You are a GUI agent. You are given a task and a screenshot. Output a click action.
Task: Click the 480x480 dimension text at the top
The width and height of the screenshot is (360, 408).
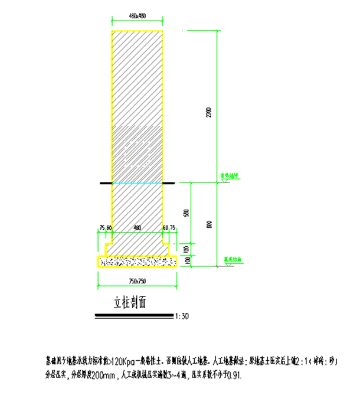coord(138,16)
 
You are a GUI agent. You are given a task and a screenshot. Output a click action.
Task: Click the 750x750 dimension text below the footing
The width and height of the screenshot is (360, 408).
coord(138,279)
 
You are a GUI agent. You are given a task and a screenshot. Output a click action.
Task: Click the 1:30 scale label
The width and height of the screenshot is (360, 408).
coord(183,316)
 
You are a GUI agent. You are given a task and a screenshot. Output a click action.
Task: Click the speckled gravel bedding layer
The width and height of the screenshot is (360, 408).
coord(138,261)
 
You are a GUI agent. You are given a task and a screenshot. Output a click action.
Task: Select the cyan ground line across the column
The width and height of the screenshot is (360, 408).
coord(138,184)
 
